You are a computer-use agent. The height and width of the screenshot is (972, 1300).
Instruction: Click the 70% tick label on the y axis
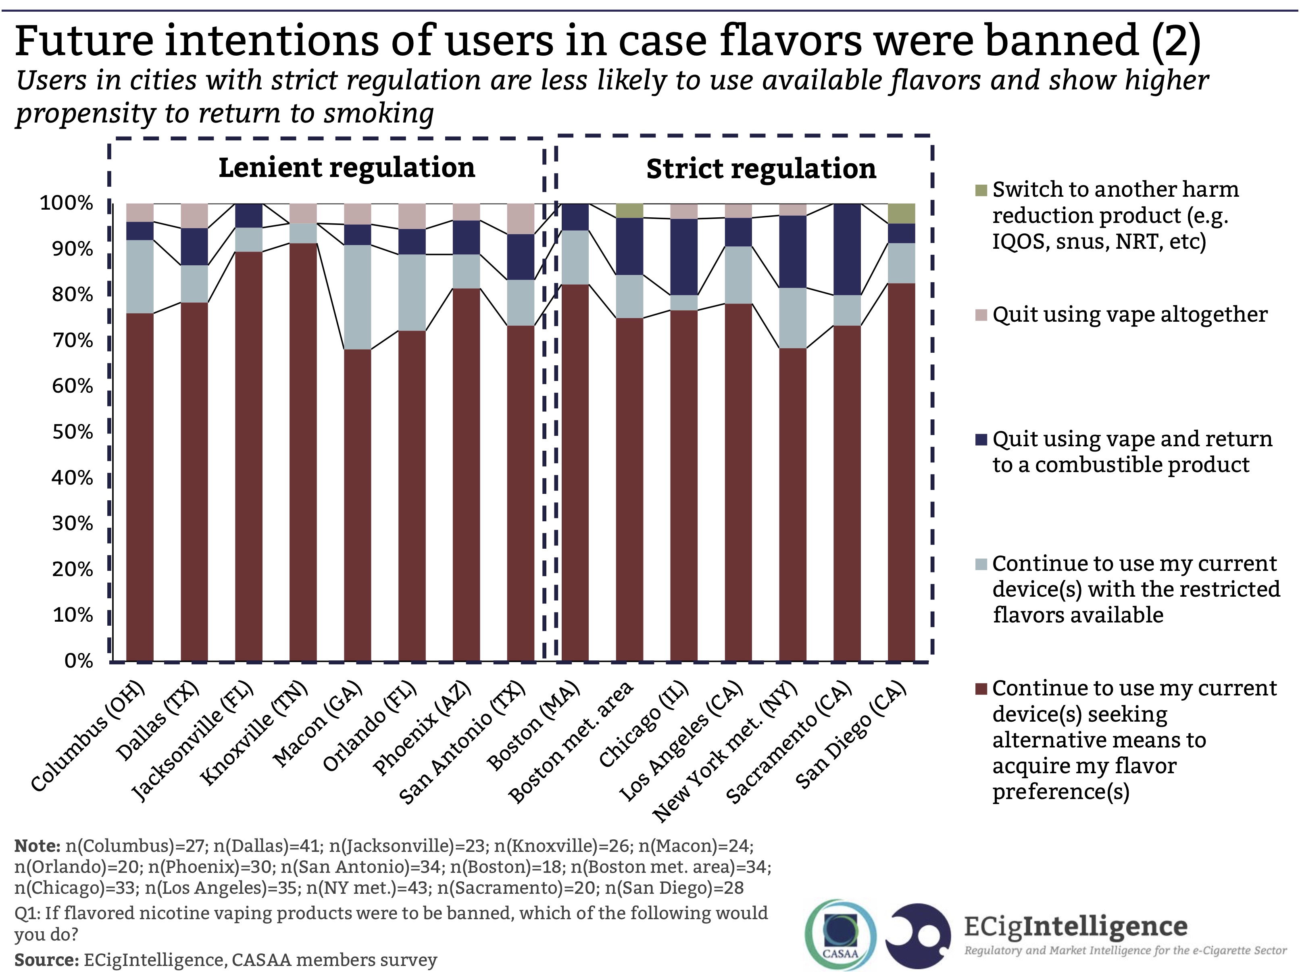click(x=72, y=340)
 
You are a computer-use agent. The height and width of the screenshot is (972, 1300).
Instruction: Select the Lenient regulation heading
click(x=347, y=168)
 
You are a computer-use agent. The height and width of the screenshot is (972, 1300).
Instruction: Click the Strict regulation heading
click(x=761, y=169)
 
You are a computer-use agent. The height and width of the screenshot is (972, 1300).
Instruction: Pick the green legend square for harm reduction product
click(x=980, y=190)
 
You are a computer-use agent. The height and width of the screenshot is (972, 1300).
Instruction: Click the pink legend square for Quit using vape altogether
click(x=980, y=315)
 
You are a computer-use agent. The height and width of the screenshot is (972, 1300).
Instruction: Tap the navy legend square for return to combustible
click(x=980, y=439)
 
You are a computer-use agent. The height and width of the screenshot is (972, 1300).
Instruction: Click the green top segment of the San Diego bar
click(x=901, y=213)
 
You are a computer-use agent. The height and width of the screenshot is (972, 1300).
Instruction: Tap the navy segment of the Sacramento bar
click(x=847, y=249)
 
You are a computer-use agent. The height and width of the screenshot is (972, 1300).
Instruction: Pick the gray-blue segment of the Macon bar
click(x=357, y=297)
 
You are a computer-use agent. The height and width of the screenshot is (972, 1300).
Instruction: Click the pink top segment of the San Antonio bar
click(x=520, y=219)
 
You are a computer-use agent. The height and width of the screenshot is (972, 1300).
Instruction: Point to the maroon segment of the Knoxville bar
click(x=303, y=452)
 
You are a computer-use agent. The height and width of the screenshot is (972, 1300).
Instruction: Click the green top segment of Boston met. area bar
click(x=629, y=210)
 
